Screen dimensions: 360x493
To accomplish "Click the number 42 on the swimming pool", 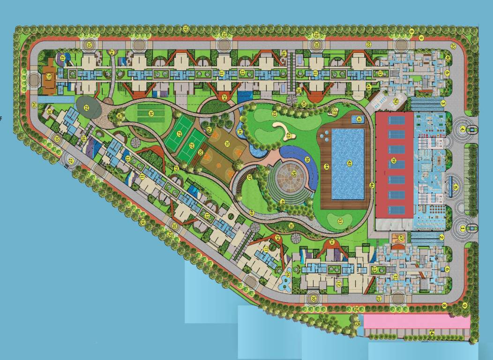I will (349, 163).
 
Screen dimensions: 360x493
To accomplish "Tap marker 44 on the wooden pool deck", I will (326, 166).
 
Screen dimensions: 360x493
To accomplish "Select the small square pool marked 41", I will (359, 120).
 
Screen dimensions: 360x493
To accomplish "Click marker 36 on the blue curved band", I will (307, 159).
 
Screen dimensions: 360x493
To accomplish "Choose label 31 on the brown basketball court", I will (227, 143).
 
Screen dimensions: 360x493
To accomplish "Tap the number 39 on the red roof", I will (394, 161).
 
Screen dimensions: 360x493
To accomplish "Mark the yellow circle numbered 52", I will (396, 100).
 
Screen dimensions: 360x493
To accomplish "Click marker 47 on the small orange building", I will (401, 238).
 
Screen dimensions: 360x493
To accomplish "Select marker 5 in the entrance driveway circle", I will (455, 187).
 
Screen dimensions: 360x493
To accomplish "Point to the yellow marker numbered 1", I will (462, 228).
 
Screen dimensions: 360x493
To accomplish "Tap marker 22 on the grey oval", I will (86, 107).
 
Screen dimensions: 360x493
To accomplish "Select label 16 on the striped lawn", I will (151, 113).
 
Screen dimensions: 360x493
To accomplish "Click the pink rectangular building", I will (416, 322).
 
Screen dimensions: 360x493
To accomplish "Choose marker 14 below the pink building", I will (431, 332).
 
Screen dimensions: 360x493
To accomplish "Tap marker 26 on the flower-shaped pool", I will (287, 274).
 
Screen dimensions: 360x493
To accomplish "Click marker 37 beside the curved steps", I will (249, 177).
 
